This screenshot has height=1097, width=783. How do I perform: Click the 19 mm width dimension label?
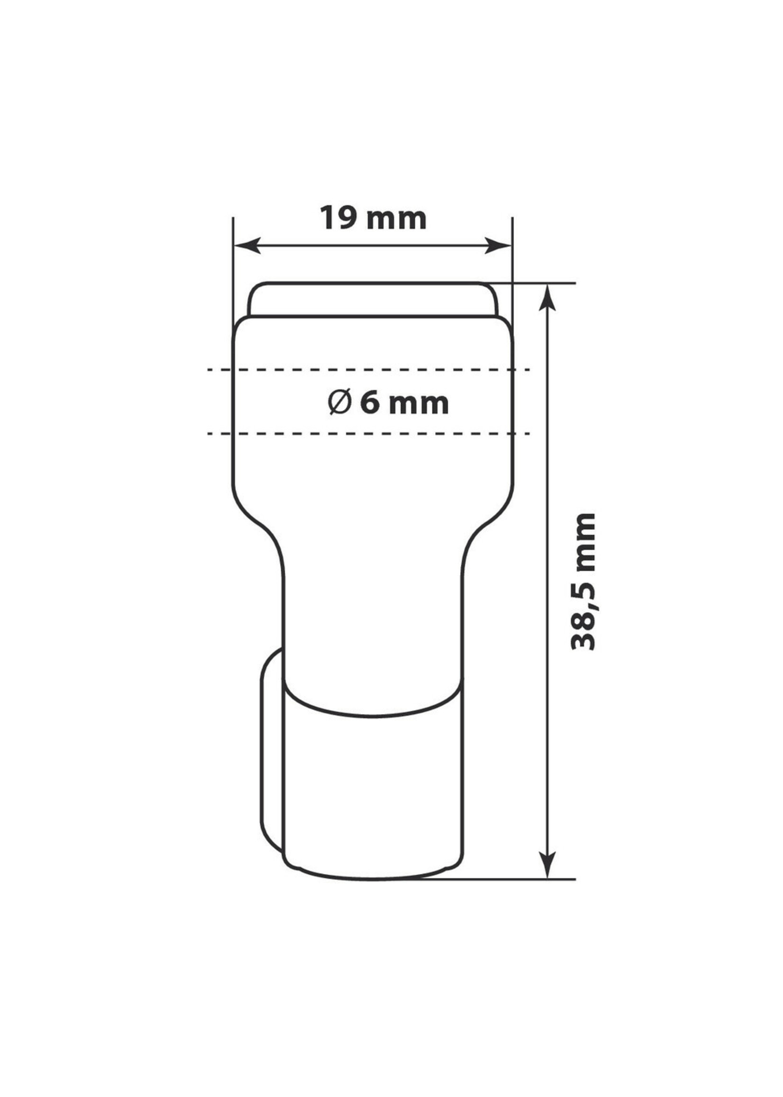pos(373,219)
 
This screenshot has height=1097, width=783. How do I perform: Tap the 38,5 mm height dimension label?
pos(583,581)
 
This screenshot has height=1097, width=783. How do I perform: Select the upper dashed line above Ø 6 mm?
pos(369,369)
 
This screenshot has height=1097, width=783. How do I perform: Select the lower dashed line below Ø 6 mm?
pos(369,433)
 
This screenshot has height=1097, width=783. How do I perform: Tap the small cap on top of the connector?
pos(372,299)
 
